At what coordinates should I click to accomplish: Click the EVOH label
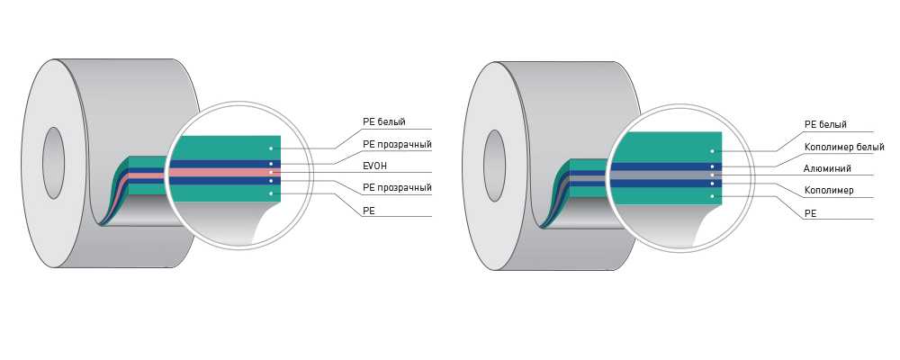pos(375,166)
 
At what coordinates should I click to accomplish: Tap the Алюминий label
pos(827,168)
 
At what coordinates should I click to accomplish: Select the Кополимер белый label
pos(842,147)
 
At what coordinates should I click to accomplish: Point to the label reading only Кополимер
pos(829,191)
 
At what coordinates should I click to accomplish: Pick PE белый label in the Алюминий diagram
pos(824,124)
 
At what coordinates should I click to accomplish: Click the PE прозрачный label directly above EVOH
pos(397,144)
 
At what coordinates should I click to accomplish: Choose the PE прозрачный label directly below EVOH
pos(397,187)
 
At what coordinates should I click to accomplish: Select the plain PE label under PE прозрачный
pos(368,210)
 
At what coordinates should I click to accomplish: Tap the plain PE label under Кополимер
pos(809,213)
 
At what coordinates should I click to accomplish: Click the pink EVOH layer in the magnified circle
pos(225,172)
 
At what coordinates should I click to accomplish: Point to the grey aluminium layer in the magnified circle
pos(666,175)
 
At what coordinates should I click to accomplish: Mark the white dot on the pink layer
pos(271,172)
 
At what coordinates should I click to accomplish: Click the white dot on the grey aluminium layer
pos(712,175)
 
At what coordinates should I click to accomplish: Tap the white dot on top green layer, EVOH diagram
pos(271,148)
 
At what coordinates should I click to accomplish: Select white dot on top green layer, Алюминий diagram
pos(712,151)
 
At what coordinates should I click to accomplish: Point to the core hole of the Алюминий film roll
pos(494,161)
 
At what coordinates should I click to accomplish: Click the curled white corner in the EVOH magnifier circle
pos(270,220)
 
